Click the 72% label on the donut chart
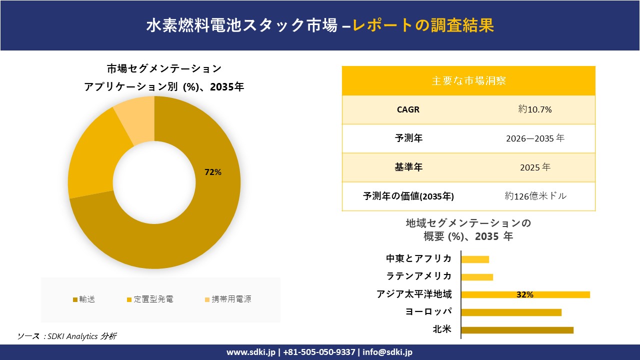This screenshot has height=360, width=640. pos(213,172)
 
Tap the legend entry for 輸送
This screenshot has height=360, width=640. pos(84,299)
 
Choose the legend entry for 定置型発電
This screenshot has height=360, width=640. pos(150,299)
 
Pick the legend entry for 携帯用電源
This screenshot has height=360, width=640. pos(227,299)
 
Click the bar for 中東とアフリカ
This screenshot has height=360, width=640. pos(475,259)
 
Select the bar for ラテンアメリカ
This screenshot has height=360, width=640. pos(477,277)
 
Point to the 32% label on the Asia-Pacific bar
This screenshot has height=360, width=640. pos(525,295)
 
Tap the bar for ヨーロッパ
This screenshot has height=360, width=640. pos(511,312)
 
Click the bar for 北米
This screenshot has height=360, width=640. pos(517,330)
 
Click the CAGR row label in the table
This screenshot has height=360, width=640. pos(408,109)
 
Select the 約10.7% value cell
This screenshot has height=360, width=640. pos(535,109)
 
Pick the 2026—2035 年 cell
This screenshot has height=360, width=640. pos(535,138)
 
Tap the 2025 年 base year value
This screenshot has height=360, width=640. pos(535,167)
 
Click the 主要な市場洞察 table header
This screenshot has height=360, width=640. pos(468,80)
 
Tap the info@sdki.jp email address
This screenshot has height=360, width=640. pos(387,352)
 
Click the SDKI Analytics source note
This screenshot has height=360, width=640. pos(67,336)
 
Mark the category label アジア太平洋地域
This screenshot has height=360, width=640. pos(414,294)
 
